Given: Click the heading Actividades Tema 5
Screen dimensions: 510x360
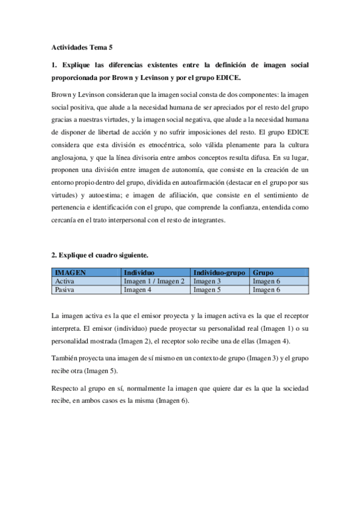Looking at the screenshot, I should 78,46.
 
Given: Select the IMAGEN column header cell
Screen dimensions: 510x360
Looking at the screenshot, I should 70,272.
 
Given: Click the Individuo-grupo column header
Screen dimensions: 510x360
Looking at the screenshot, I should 219,272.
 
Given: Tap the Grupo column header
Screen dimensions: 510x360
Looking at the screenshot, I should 263,272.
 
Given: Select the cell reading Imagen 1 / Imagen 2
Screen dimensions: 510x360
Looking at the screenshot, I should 154,281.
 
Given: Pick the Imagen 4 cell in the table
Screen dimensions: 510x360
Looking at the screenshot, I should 137,290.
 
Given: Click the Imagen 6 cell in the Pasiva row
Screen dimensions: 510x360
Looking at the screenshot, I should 266,290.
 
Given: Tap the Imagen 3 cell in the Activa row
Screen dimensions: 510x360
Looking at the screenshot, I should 207,281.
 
